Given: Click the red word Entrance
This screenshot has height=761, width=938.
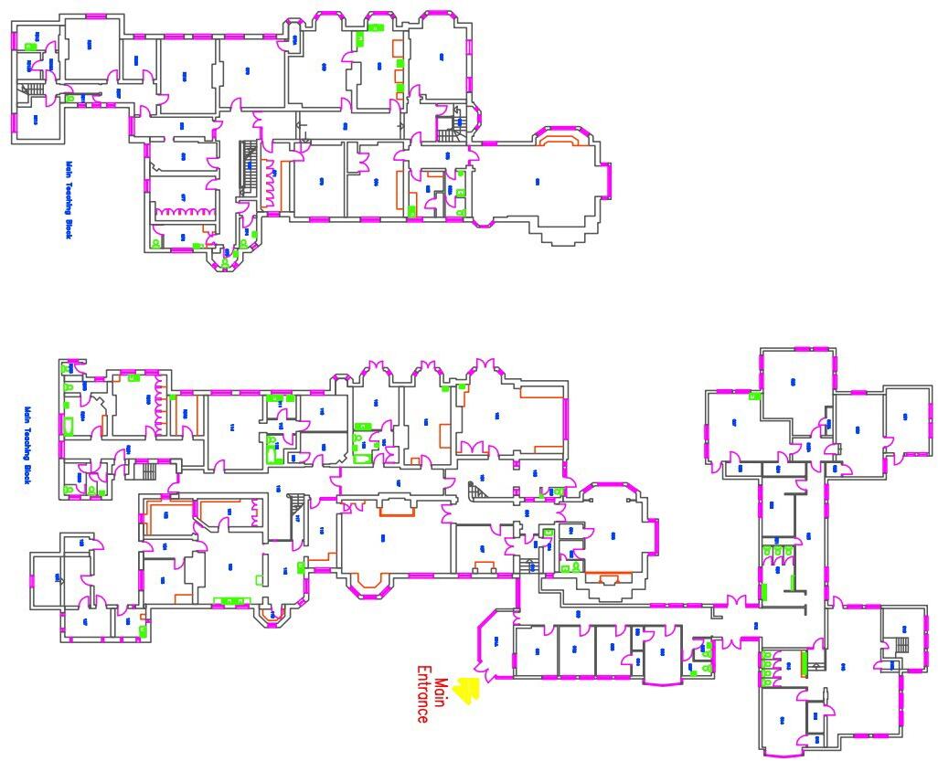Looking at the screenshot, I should click(422, 693).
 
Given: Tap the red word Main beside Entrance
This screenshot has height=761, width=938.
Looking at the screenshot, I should click(440, 692).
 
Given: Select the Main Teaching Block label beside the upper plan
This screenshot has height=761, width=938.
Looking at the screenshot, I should click(68, 200).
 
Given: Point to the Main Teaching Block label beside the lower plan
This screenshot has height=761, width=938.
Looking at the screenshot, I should click(27, 445).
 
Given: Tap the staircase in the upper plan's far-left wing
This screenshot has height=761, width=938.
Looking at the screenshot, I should click(32, 89).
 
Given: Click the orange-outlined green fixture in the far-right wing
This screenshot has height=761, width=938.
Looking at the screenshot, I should click(804, 663).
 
